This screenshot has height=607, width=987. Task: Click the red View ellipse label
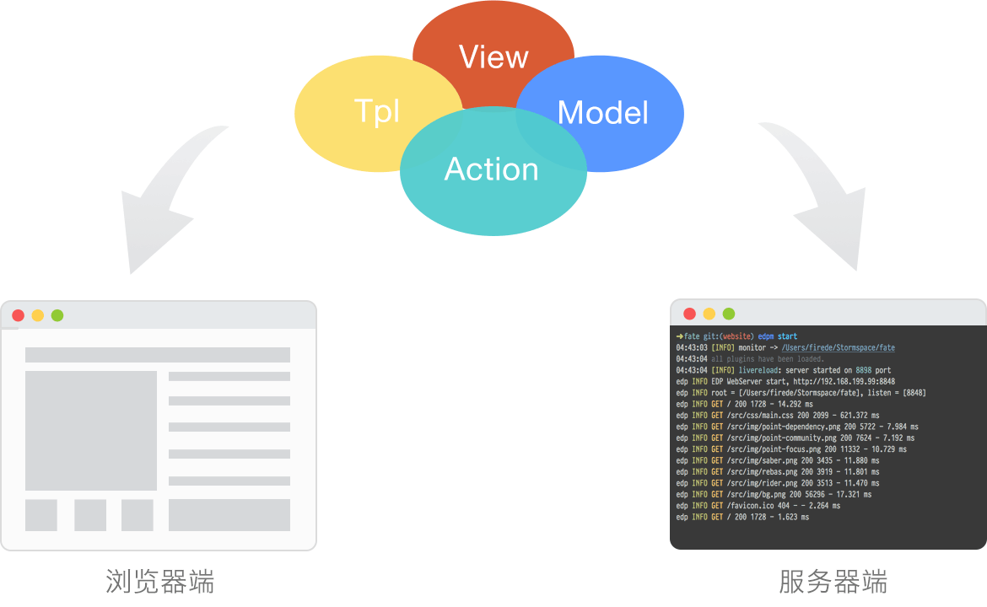tap(493, 57)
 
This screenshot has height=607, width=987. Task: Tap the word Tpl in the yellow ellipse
tap(377, 111)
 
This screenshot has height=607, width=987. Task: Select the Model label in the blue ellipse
tap(603, 113)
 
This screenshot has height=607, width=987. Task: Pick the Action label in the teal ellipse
tap(492, 169)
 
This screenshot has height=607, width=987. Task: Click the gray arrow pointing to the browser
tap(164, 202)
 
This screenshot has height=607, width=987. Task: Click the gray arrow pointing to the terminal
tap(822, 202)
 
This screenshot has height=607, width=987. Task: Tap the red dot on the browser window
tap(18, 315)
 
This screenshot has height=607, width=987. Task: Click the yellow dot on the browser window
tap(37, 315)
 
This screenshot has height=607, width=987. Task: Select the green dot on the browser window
tap(57, 315)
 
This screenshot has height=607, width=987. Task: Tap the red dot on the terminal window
tap(689, 314)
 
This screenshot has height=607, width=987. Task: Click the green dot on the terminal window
tap(729, 314)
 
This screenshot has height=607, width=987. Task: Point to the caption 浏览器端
tap(159, 582)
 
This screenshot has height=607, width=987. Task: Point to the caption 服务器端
tap(833, 582)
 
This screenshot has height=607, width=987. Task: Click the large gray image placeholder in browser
tap(91, 430)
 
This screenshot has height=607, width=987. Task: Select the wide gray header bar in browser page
tap(158, 355)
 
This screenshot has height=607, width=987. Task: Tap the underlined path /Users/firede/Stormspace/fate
tap(838, 347)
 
